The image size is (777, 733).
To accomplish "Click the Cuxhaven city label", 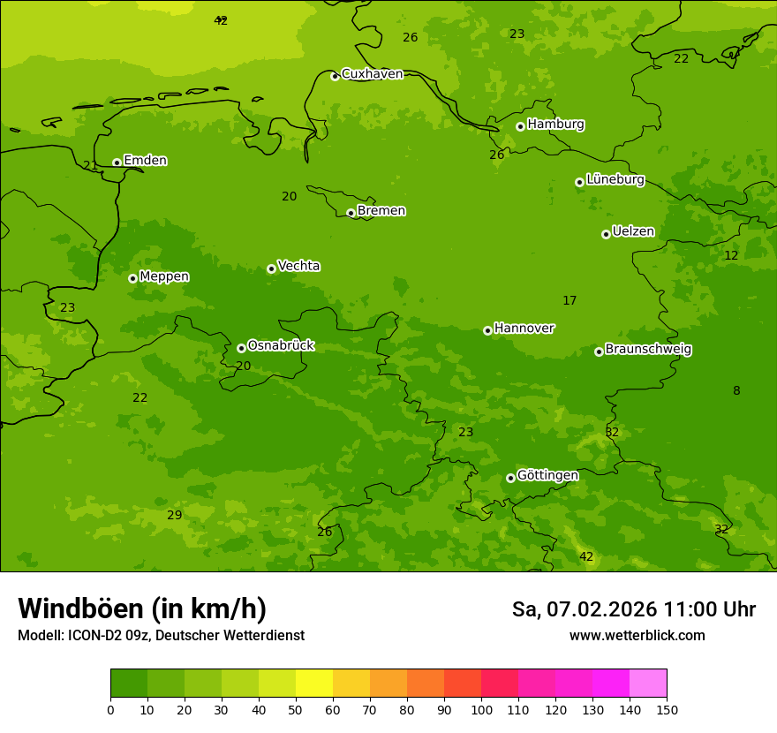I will (372, 74).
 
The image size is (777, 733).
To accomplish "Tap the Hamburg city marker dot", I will (520, 126).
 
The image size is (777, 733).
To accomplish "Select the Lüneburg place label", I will (615, 179).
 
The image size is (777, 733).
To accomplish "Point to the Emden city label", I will (145, 161).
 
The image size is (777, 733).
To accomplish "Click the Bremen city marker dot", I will (351, 213).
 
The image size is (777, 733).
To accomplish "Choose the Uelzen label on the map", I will (633, 232).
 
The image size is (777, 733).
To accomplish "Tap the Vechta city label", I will (298, 266).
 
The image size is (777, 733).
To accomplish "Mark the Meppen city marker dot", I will (132, 278).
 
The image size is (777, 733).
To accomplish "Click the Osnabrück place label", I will (281, 345).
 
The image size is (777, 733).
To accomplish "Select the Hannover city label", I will (524, 329).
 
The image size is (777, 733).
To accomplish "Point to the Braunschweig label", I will (648, 350).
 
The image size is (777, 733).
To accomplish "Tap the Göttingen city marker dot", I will (510, 478).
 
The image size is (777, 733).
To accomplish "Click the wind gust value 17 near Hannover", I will (570, 301).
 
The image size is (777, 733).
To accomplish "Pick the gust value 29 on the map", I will (175, 515).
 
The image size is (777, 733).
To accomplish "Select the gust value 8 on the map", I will (736, 390).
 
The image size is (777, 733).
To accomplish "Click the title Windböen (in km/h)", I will (142, 608).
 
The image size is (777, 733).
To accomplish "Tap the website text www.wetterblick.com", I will (637, 635).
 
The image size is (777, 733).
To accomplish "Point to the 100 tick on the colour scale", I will (481, 709).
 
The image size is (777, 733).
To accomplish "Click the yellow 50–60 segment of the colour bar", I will (314, 684).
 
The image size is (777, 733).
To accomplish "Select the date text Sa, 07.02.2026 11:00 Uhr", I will (633, 609).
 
